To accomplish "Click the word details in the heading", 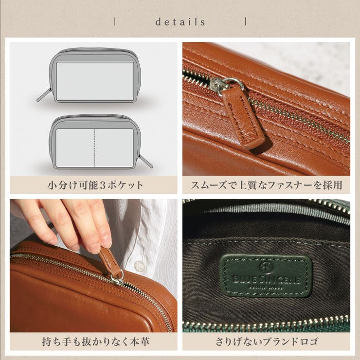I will coord(180,22).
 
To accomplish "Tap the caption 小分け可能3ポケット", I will coord(95,185).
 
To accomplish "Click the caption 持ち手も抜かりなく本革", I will coord(95,342).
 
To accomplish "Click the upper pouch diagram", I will coord(95,75).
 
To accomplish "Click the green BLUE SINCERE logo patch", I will coord(266,275).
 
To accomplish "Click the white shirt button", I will coord(140,266).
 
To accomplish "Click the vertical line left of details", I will coord(115,21).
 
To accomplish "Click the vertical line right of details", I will coord(245,21).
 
